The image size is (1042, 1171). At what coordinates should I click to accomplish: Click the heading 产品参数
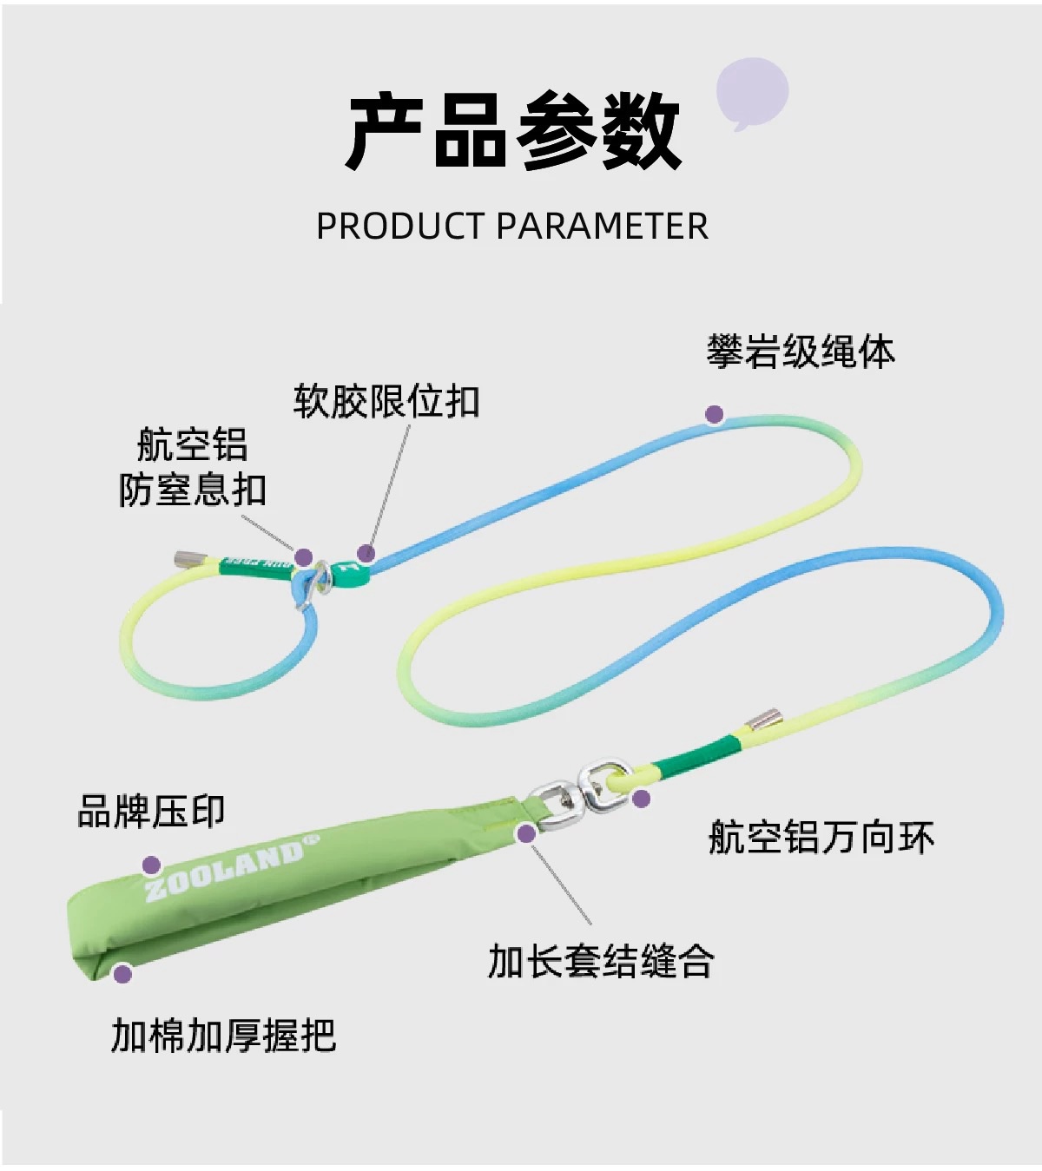coord(514,132)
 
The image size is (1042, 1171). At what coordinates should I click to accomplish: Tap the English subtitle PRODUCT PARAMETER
coord(512,227)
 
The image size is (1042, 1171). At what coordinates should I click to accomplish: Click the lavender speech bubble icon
coord(752,92)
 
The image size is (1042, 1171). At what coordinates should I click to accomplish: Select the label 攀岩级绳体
coord(800,352)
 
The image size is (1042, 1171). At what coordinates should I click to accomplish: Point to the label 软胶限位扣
coord(386,402)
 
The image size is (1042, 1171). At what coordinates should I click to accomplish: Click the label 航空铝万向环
coord(821,838)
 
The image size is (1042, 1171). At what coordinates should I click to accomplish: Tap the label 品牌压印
coord(151,812)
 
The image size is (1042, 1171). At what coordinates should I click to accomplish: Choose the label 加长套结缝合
coord(601,962)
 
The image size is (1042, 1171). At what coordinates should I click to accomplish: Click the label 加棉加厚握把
coord(223,1036)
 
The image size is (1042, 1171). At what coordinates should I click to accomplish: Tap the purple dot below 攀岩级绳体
coord(714,414)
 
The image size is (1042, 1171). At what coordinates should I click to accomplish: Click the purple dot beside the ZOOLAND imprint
coord(151,865)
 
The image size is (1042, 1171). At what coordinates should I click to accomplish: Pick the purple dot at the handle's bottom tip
coord(122,973)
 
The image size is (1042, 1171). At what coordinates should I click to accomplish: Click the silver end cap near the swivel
coord(764,720)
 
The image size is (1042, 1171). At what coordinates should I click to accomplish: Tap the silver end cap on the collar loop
coord(188,558)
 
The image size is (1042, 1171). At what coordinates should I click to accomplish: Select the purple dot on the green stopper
coord(366,553)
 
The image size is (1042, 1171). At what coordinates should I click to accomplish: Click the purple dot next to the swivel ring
coord(641,799)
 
